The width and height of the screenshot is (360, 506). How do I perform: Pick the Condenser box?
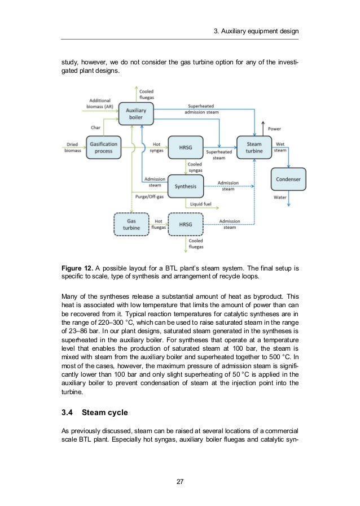point(289,180)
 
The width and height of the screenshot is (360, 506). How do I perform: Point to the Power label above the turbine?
point(274,129)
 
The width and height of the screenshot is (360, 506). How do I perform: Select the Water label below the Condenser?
point(280,198)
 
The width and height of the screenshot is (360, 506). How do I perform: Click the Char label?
point(96,127)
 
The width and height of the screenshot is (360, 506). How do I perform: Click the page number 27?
point(179,481)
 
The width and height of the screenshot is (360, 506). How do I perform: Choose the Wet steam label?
point(280,147)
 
